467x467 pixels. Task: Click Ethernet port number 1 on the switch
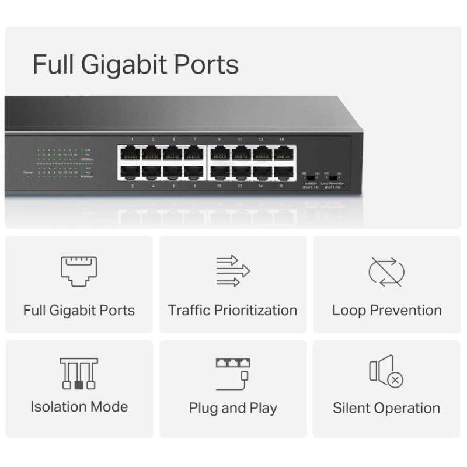click(130, 153)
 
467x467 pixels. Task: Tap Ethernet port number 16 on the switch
click(283, 173)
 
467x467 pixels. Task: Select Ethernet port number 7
click(194, 153)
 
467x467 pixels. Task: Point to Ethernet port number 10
click(219, 173)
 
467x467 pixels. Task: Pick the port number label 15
click(282, 140)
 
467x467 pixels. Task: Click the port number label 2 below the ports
click(132, 186)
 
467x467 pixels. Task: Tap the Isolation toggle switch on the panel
click(309, 177)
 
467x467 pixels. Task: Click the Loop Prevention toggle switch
click(332, 177)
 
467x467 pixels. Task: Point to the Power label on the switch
click(28, 173)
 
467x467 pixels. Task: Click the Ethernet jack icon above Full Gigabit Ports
click(79, 270)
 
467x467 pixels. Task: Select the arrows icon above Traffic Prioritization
click(232, 270)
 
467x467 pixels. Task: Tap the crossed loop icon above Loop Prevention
click(386, 271)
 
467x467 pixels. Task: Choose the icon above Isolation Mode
click(79, 374)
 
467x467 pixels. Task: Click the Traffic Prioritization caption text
click(232, 310)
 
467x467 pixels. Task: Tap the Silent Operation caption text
click(386, 408)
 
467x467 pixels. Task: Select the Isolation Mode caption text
click(79, 406)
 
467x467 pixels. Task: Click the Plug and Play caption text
click(232, 408)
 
